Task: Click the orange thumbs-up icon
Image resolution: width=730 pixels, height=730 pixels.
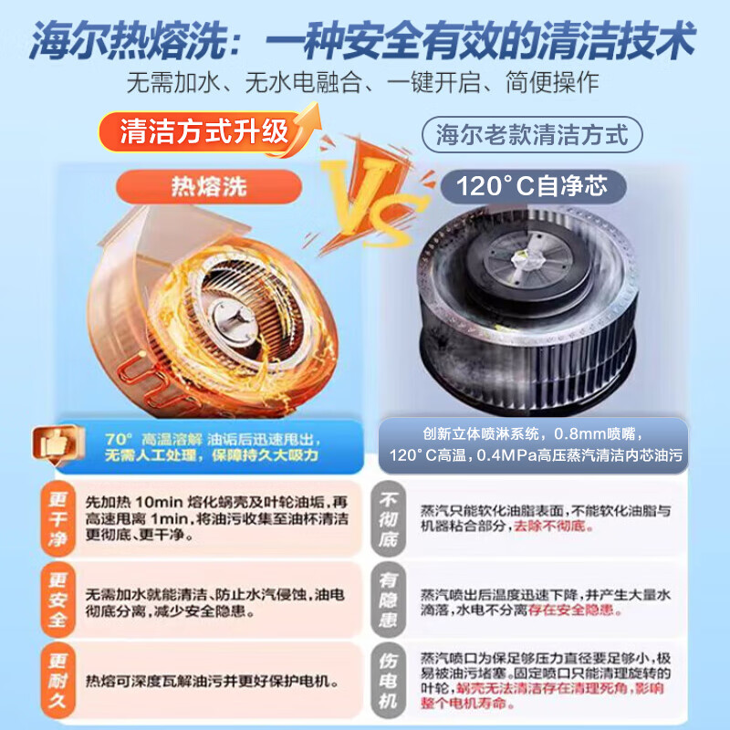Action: coord(57,444)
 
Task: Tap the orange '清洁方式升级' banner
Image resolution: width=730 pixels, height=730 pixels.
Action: coord(203,131)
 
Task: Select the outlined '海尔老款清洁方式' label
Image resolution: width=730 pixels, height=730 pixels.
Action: coord(532,135)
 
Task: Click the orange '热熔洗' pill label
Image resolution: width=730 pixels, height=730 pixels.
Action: coord(209,187)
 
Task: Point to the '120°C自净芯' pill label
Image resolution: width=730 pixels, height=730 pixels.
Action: coord(532,186)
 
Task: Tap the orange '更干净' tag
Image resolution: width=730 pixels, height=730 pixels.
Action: coord(57,518)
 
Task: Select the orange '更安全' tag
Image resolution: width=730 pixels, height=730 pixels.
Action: coord(57,600)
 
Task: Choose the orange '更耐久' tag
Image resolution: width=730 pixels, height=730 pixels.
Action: coord(57,680)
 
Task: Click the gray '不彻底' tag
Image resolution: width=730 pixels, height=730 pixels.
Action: coord(389,518)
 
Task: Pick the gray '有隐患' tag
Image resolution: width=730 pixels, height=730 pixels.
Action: coord(389,600)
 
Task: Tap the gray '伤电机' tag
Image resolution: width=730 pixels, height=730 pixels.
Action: coord(389,680)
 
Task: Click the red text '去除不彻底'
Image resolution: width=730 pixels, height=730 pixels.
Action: coord(550,527)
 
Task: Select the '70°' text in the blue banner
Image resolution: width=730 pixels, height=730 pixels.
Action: coord(119,439)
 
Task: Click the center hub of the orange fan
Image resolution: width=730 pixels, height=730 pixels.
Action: coord(233,318)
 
